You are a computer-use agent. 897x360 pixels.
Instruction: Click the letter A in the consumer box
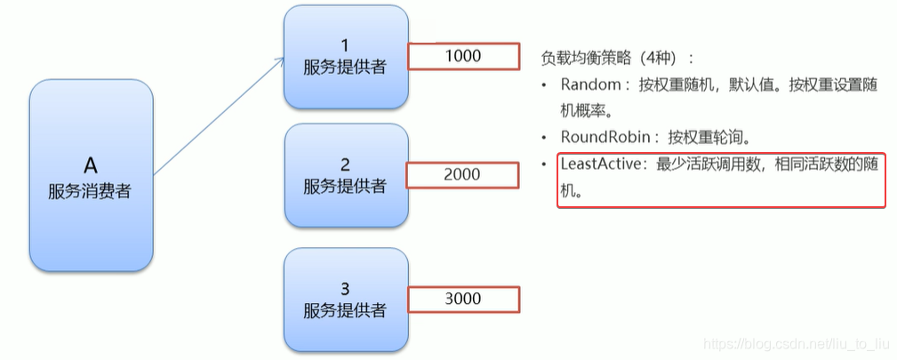coord(91,164)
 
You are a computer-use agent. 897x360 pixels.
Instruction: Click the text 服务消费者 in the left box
coord(91,190)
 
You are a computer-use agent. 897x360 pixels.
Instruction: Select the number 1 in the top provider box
coord(345,44)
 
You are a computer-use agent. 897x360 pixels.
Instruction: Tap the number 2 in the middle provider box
coord(345,164)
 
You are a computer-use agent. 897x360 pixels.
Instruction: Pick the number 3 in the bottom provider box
coord(345,288)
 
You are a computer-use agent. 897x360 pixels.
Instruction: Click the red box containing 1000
coord(462,56)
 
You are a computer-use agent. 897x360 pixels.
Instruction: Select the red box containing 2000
coord(462,175)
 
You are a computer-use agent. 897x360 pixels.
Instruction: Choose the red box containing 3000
coord(462,300)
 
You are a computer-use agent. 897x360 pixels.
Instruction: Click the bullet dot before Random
coord(545,86)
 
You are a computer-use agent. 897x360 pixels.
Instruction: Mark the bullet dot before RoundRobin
coord(545,139)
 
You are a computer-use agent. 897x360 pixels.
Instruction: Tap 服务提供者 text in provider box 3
coord(345,310)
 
